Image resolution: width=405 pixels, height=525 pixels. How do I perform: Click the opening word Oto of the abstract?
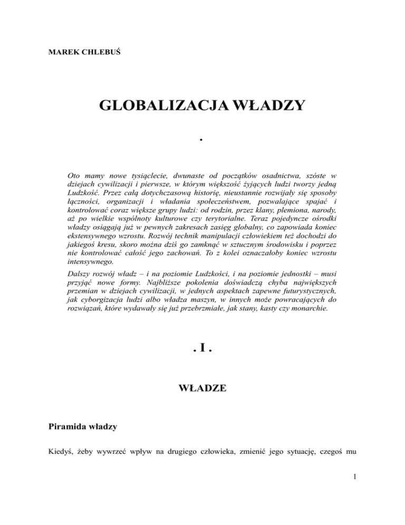(75, 174)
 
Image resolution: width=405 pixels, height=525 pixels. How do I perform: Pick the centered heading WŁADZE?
(202, 388)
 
